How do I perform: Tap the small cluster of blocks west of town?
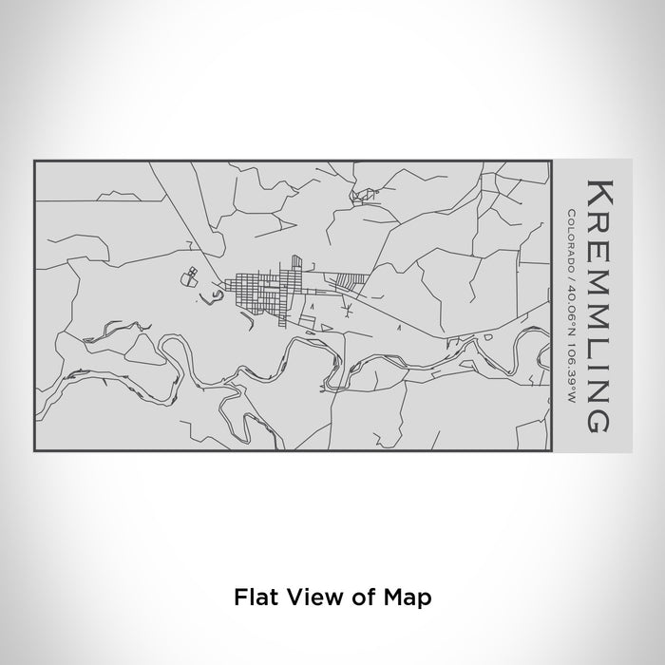coord(190,277)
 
